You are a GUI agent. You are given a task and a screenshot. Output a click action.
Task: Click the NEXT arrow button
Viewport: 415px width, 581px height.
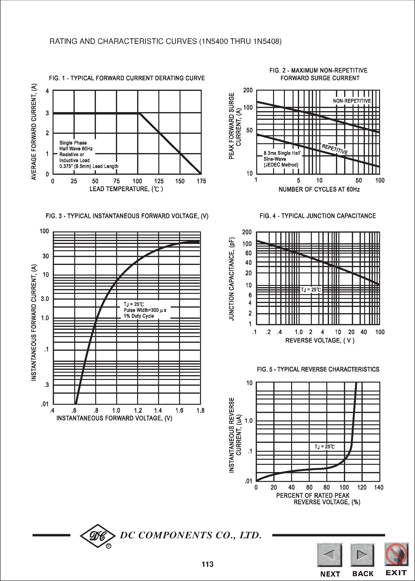click(x=329, y=555)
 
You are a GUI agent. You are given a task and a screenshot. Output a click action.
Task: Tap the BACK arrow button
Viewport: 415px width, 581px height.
click(x=362, y=555)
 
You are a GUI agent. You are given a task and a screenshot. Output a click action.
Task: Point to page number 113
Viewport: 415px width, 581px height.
click(x=207, y=564)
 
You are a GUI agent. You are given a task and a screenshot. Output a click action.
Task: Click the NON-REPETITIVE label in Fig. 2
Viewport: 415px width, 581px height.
click(x=352, y=101)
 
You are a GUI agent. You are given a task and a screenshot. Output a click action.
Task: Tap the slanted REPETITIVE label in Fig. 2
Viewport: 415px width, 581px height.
click(x=335, y=149)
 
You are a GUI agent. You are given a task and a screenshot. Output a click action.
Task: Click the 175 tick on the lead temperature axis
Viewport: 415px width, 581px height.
click(x=201, y=181)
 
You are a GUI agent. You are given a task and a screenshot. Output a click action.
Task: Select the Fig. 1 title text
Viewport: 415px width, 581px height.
click(x=127, y=78)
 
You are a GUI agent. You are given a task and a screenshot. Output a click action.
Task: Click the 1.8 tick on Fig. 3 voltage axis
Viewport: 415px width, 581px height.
click(x=200, y=411)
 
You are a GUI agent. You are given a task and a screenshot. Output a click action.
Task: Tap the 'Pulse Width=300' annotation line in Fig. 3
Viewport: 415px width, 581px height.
click(x=145, y=310)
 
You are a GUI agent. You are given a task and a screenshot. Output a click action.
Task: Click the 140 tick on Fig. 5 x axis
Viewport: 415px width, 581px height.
click(x=379, y=487)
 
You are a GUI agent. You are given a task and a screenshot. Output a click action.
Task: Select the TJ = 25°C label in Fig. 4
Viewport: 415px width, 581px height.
click(x=311, y=290)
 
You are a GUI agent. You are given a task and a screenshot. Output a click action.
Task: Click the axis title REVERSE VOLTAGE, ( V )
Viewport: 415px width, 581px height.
click(x=320, y=340)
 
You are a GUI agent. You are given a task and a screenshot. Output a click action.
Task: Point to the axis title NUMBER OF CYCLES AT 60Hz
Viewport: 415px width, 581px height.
click(x=319, y=189)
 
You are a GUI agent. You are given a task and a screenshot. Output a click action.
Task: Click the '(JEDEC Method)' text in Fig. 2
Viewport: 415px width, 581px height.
click(x=281, y=165)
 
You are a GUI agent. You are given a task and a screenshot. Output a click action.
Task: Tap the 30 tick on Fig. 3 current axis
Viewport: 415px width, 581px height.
click(x=46, y=256)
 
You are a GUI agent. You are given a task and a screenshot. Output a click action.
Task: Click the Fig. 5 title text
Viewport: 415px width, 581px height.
click(x=318, y=369)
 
